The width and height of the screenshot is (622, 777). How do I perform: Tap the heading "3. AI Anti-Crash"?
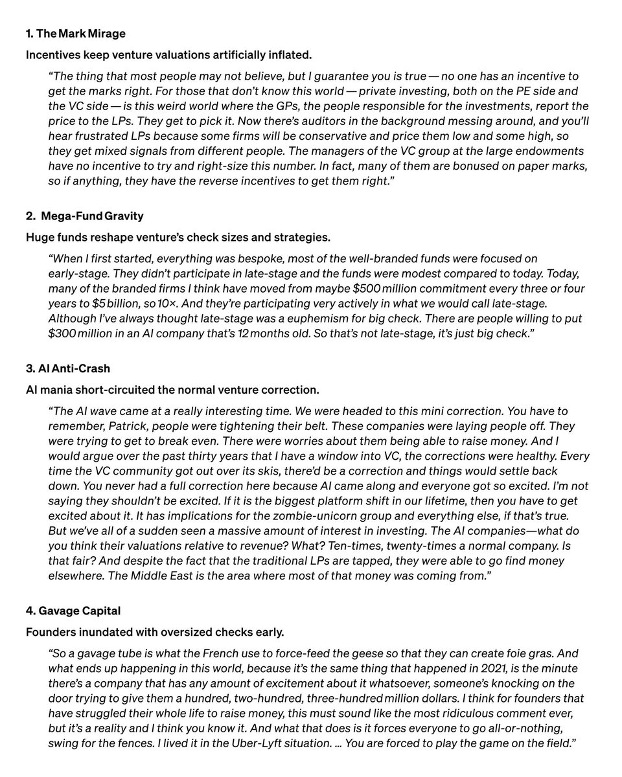pos(68,368)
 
